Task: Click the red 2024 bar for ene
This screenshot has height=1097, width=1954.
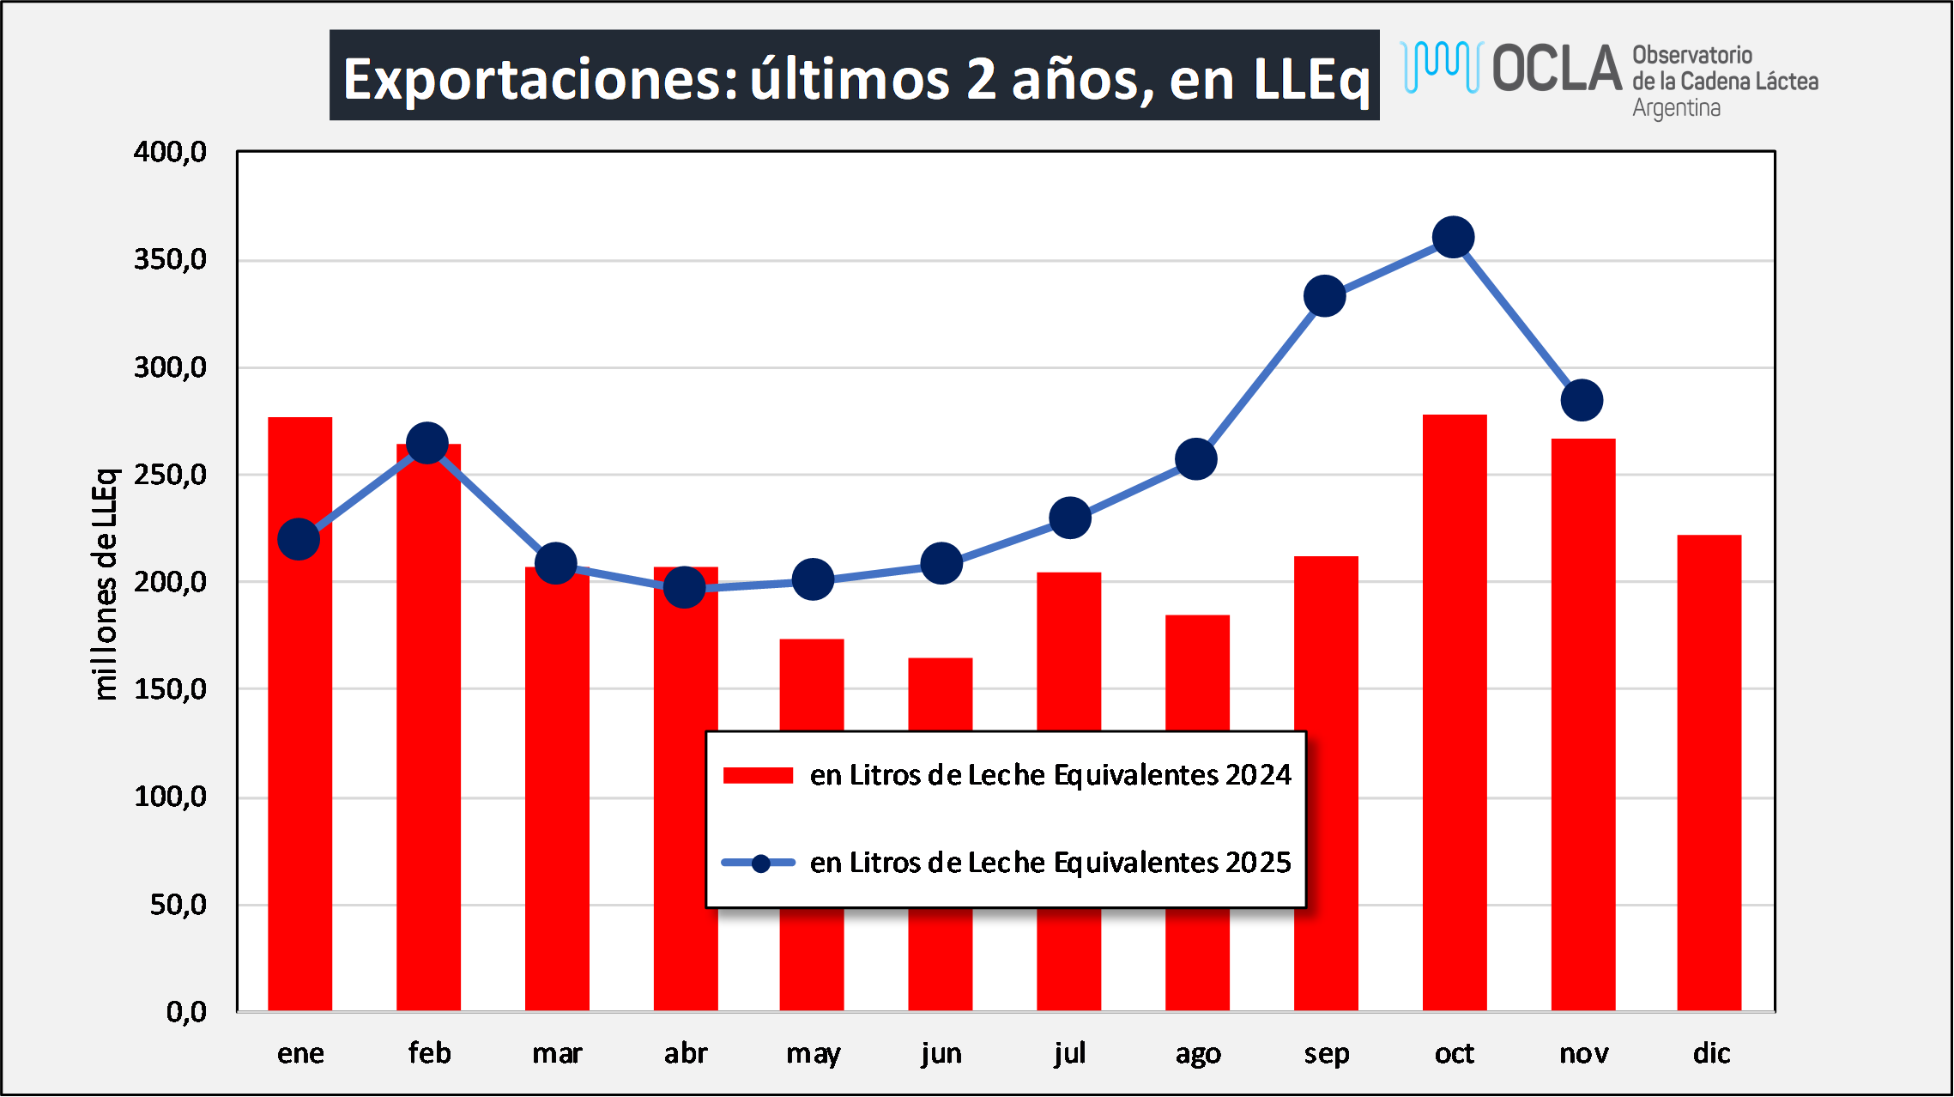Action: pyautogui.click(x=299, y=712)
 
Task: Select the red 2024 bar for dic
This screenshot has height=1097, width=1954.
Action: pyautogui.click(x=1709, y=773)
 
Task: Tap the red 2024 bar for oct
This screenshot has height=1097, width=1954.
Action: pyautogui.click(x=1455, y=712)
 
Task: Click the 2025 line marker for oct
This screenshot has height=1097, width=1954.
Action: pyautogui.click(x=1454, y=238)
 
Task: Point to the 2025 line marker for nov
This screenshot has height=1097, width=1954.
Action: pyautogui.click(x=1582, y=400)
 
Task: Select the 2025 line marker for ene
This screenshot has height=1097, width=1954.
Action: pyautogui.click(x=299, y=539)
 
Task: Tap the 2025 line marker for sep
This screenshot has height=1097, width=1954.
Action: pyautogui.click(x=1324, y=296)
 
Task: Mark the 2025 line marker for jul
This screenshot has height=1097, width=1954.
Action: pyautogui.click(x=1070, y=518)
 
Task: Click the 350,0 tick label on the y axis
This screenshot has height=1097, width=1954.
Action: pyautogui.click(x=170, y=259)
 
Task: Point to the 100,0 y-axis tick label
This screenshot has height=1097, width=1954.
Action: pyautogui.click(x=170, y=797)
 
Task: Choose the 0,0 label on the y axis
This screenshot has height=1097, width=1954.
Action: pyautogui.click(x=186, y=1012)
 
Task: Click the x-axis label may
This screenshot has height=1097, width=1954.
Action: pyautogui.click(x=813, y=1053)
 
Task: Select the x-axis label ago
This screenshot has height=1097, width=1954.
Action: pyautogui.click(x=1198, y=1053)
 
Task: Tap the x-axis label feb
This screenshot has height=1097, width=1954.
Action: pyautogui.click(x=429, y=1053)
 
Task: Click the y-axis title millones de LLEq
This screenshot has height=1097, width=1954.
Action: pyautogui.click(x=105, y=584)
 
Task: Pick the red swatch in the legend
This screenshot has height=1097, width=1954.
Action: pyautogui.click(x=758, y=776)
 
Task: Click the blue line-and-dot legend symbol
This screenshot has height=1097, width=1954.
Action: pyautogui.click(x=759, y=864)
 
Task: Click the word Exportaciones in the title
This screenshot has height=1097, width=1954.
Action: pyautogui.click(x=541, y=79)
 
